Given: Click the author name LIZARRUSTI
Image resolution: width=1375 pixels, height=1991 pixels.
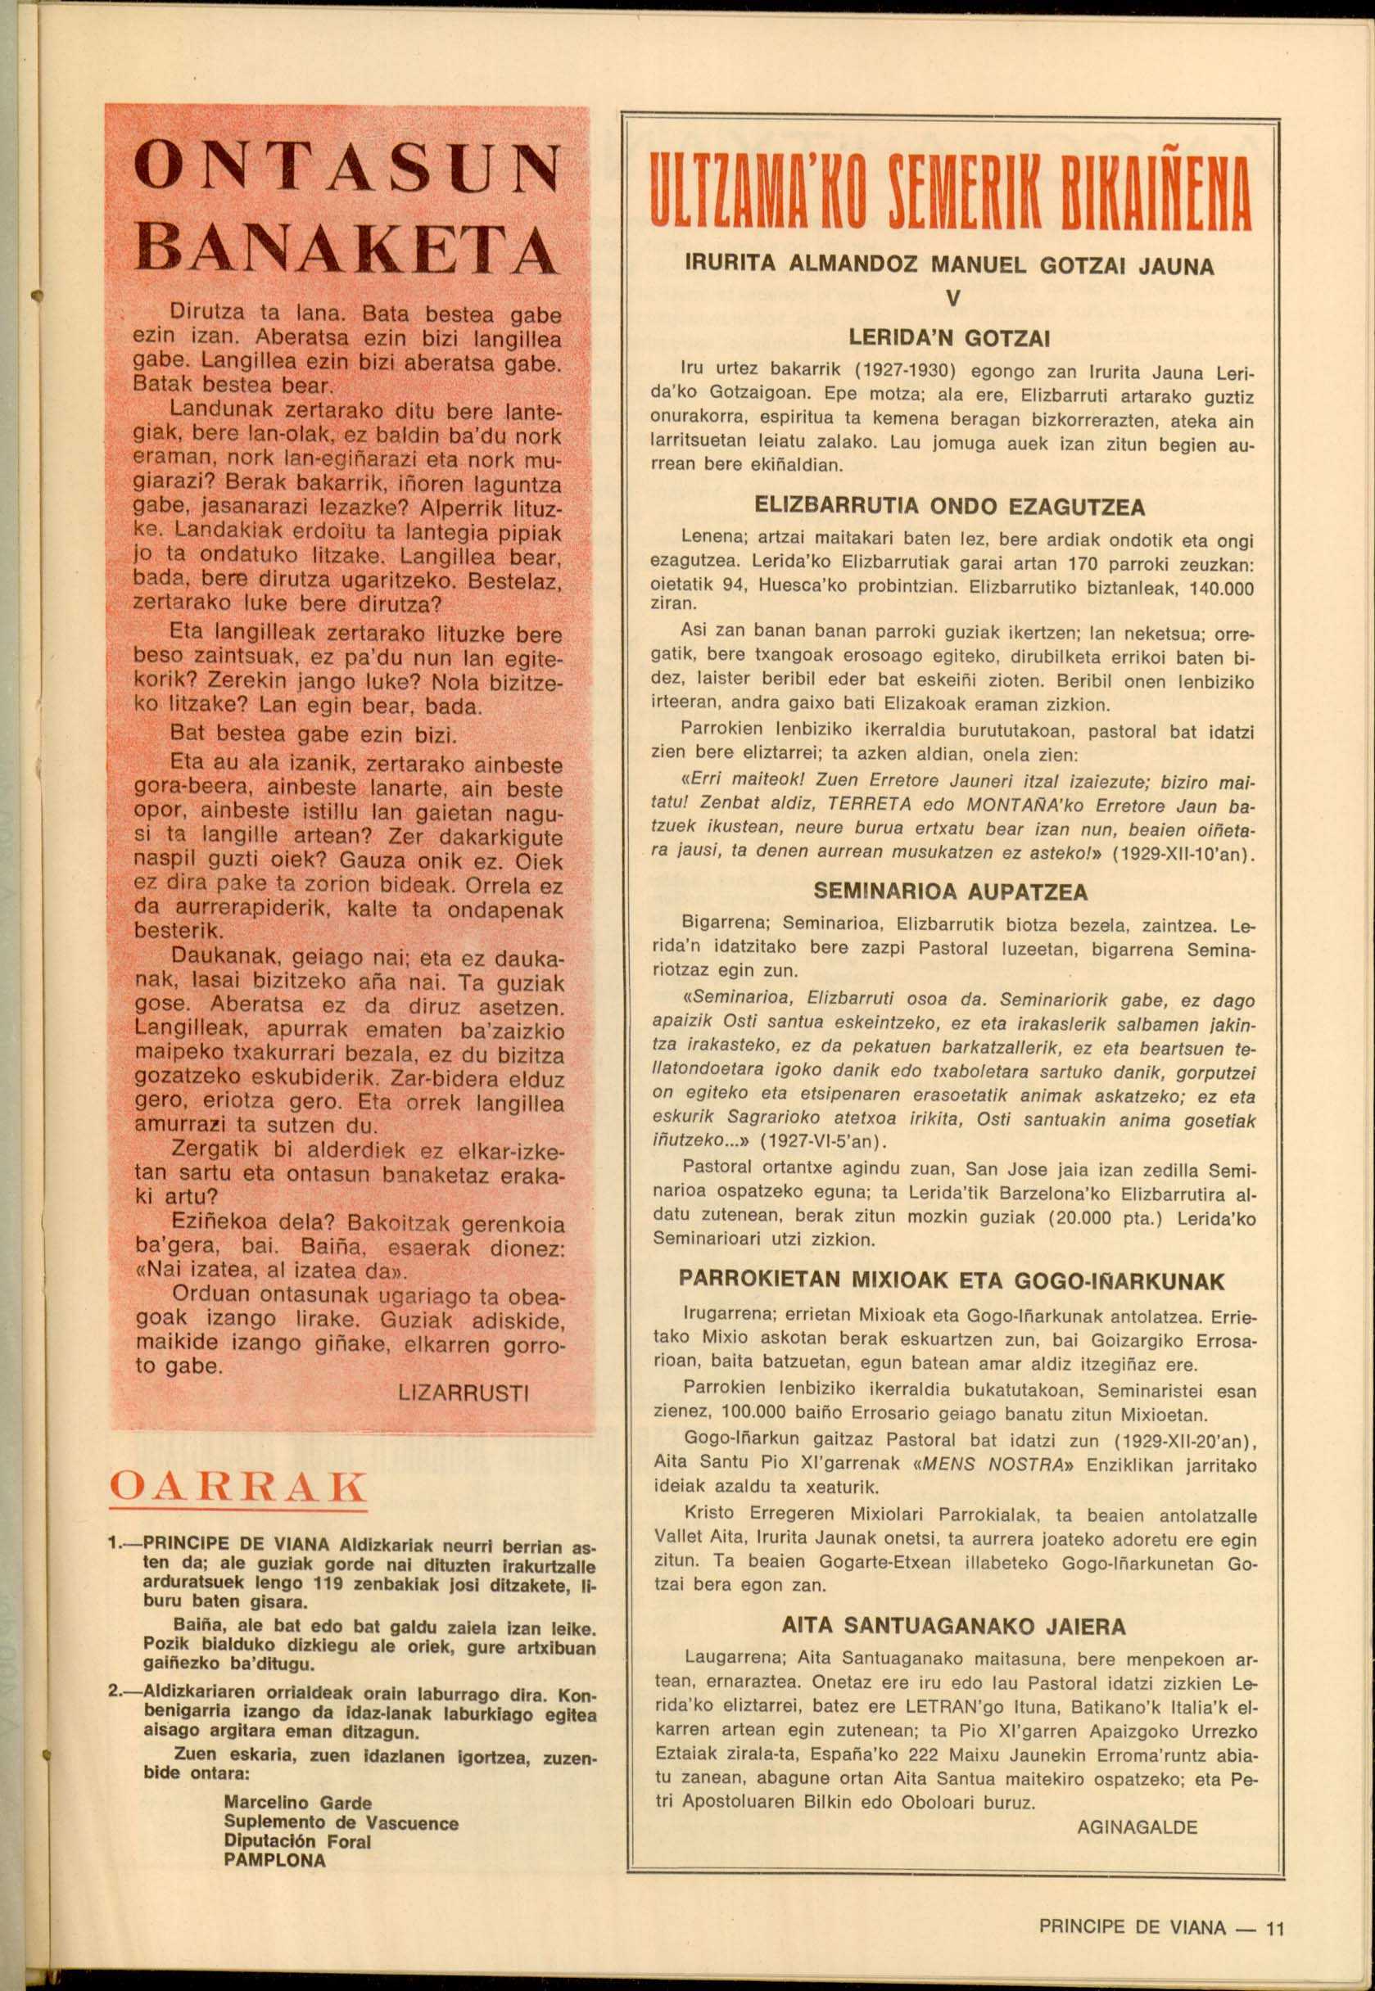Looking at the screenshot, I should [464, 1393].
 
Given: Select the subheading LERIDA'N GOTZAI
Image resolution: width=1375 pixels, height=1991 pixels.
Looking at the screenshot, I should [949, 339].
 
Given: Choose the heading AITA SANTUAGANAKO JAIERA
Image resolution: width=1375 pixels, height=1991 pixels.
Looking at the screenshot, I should [953, 1627].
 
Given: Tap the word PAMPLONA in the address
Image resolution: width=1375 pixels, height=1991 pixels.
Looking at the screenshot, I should [275, 1860].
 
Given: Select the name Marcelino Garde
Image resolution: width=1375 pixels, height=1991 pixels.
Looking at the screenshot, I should [297, 1803].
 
